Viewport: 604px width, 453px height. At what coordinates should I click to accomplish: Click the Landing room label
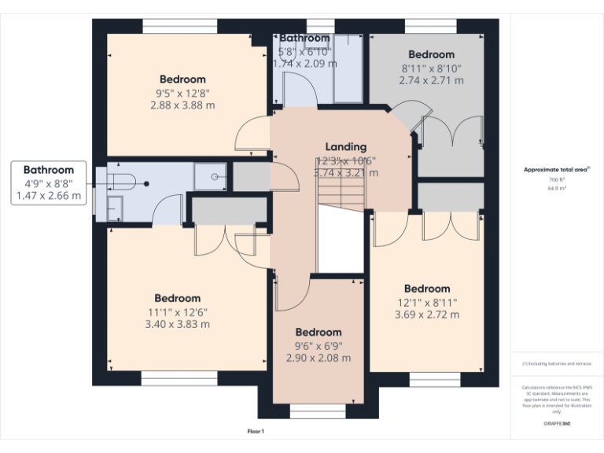346,146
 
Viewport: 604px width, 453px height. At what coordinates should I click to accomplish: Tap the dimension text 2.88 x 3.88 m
182,104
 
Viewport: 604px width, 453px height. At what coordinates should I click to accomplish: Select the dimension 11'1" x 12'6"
177,311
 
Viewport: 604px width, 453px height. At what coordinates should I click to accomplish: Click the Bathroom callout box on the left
49,182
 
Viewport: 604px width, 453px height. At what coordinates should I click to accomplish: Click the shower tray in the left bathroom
210,178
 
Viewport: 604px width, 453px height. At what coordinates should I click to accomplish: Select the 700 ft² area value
558,180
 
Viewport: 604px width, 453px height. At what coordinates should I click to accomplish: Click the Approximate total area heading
556,169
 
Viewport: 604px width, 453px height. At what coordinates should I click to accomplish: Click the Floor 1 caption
256,432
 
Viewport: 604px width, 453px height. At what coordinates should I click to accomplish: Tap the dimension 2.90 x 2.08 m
319,358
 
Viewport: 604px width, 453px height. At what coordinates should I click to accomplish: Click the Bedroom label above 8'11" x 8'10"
431,54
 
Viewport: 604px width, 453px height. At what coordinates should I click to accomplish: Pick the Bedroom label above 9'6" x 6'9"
319,332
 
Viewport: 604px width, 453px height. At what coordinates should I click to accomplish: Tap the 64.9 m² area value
558,189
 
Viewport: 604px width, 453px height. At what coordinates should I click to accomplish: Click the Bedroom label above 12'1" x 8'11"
427,289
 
